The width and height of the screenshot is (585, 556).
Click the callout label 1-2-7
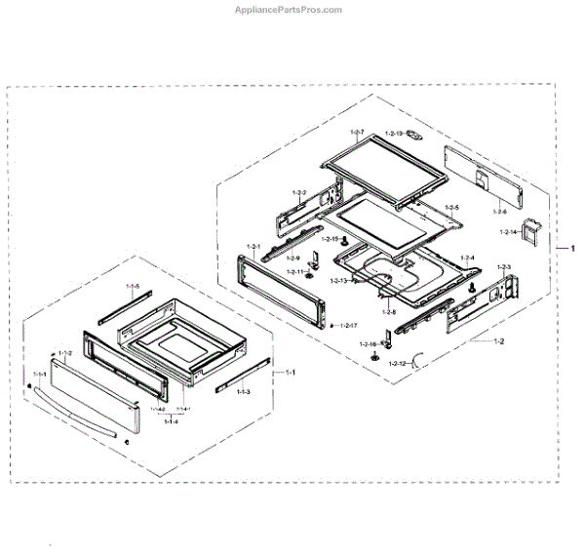tap(356, 133)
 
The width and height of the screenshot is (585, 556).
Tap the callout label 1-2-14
tap(509, 232)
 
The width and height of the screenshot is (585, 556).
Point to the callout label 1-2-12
tap(398, 363)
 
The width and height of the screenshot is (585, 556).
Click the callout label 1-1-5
tap(134, 286)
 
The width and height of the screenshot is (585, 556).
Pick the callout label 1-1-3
tap(242, 391)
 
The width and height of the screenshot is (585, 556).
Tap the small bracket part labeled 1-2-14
tap(532, 230)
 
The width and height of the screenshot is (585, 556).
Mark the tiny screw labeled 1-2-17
tap(332, 325)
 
